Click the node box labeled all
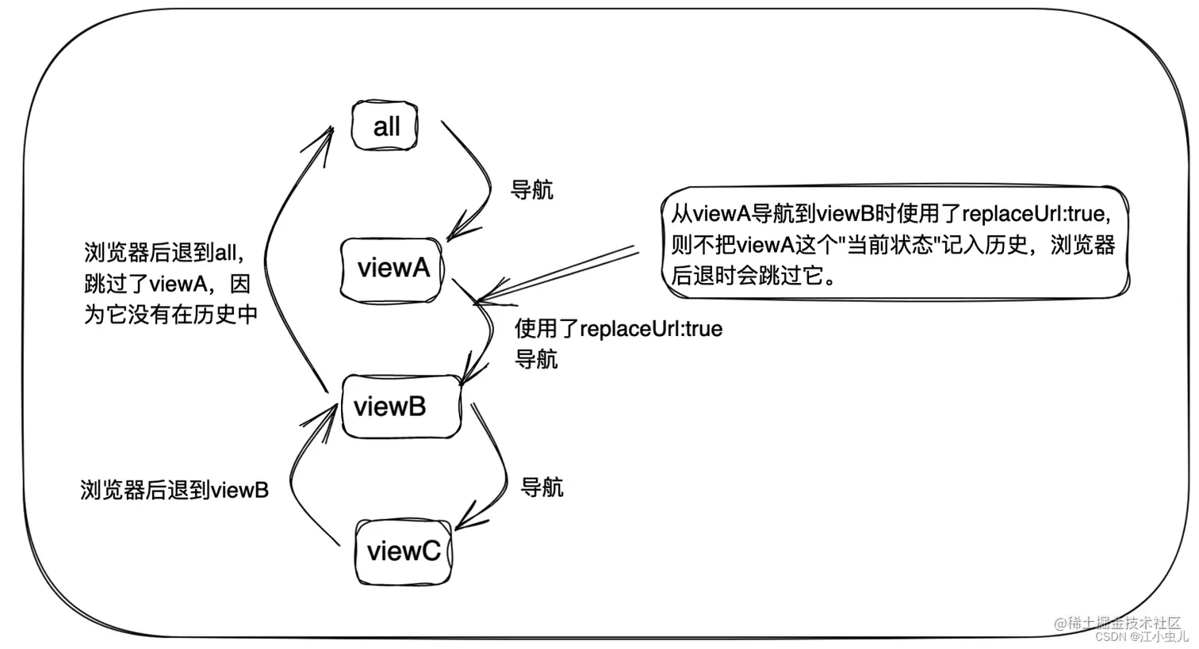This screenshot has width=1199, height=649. tap(385, 126)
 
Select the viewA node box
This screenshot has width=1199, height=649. tap(392, 269)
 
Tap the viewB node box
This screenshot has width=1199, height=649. tap(400, 407)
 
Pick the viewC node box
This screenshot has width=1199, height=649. tap(403, 552)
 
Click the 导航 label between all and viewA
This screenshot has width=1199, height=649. tap(531, 190)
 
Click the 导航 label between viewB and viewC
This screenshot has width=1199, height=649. tap(542, 487)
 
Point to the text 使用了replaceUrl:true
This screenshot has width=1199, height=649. tap(619, 329)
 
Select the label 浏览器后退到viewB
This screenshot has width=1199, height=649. tap(174, 490)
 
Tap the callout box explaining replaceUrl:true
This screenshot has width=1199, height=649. tap(894, 242)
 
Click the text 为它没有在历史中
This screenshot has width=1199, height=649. tap(171, 315)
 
